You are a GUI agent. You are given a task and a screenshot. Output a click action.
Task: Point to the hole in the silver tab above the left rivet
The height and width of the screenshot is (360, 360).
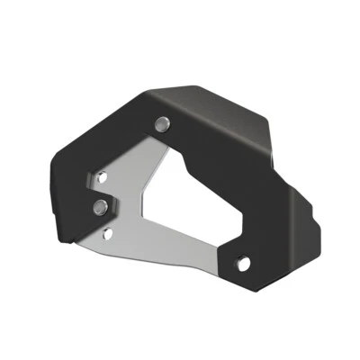pos(103,179)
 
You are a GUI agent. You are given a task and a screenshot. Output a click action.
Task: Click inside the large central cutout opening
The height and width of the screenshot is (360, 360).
pos(193,202)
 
